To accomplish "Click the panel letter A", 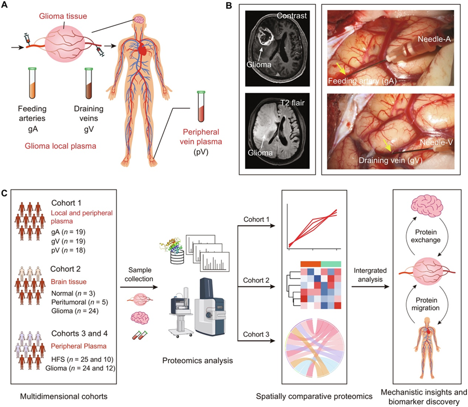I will pos(6,5).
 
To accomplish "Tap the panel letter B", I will pos(229,6).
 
